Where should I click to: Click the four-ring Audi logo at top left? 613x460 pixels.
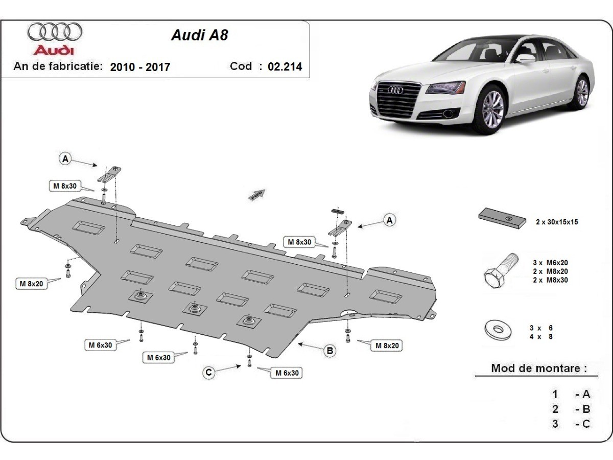click(x=55, y=32)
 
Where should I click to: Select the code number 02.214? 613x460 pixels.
click(x=285, y=66)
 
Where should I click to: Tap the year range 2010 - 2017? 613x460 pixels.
click(x=140, y=66)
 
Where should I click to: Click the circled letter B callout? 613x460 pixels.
click(x=330, y=351)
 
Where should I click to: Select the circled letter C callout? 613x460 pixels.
click(x=208, y=373)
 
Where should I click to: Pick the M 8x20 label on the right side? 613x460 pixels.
click(x=387, y=346)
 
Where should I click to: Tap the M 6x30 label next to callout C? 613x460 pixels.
click(x=286, y=373)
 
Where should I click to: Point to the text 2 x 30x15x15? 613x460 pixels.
click(x=557, y=222)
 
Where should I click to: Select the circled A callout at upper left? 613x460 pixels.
click(x=65, y=159)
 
